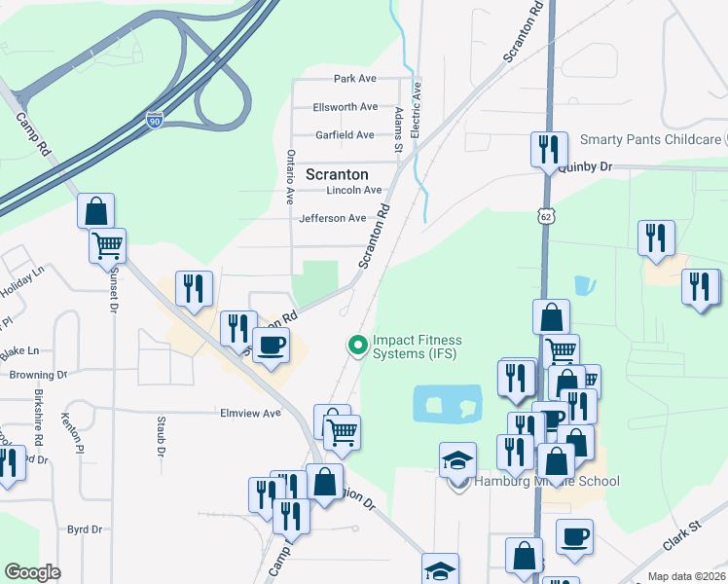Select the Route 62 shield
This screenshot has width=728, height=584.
point(548,217)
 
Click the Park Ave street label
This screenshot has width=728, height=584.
point(354,78)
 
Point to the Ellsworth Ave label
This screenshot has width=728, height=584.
point(345,106)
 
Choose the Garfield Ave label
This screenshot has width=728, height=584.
point(345,135)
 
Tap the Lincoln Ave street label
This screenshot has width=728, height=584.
point(354,190)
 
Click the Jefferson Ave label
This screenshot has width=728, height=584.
point(333,218)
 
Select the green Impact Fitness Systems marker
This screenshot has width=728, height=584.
point(358,345)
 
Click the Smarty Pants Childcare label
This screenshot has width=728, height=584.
point(650,140)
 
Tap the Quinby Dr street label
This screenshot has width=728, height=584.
point(585,167)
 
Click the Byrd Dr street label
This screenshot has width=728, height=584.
point(85,529)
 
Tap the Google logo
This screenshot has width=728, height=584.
point(32,572)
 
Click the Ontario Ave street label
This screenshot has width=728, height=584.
point(289,176)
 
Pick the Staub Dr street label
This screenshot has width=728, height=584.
point(162,438)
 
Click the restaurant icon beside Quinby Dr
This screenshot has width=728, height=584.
point(549,150)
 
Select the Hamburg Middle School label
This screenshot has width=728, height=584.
point(547,481)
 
